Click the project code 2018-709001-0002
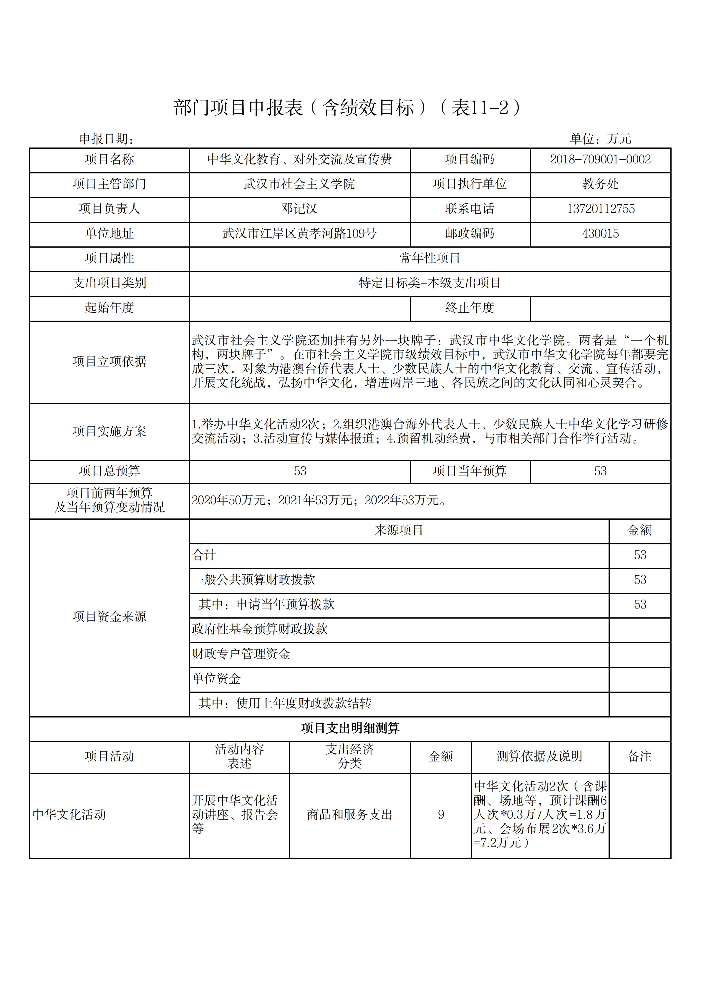pyautogui.click(x=600, y=159)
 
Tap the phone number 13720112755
pyautogui.click(x=600, y=209)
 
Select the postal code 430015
pyautogui.click(x=600, y=233)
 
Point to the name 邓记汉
pyautogui.click(x=299, y=209)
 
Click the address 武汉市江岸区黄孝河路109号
pyautogui.click(x=299, y=233)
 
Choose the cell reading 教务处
pyautogui.click(x=600, y=184)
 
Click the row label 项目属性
pyautogui.click(x=109, y=258)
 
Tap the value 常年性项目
pyautogui.click(x=430, y=258)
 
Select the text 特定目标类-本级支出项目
pyautogui.click(x=430, y=283)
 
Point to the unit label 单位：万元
pyautogui.click(x=600, y=139)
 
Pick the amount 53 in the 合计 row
pyautogui.click(x=640, y=555)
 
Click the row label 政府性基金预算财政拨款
pyautogui.click(x=259, y=629)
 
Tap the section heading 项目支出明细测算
pyautogui.click(x=350, y=728)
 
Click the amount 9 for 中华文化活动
pyautogui.click(x=441, y=814)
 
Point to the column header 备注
pyautogui.click(x=639, y=756)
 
